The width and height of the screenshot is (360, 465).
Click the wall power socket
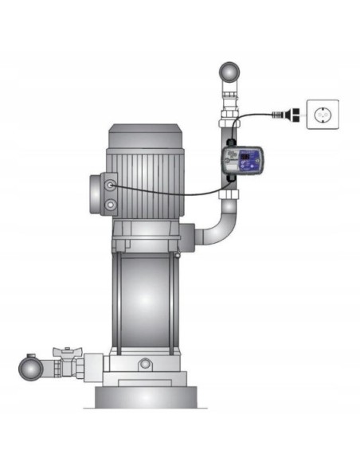pyautogui.click(x=322, y=115)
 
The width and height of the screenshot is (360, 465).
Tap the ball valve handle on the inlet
pyautogui.click(x=66, y=351)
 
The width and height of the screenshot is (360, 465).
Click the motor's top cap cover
pyautogui.click(x=145, y=132)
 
